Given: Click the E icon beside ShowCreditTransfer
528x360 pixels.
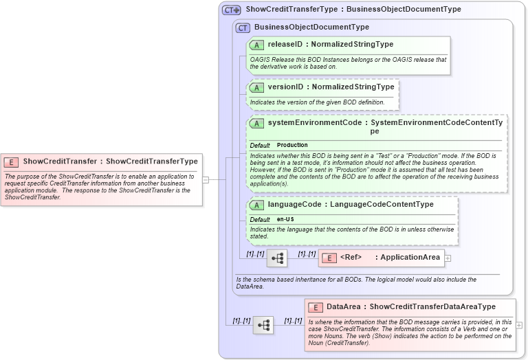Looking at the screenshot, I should point(11,162).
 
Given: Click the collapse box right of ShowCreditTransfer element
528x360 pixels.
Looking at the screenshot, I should point(205,179).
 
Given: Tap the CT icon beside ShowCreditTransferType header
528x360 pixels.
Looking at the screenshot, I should point(231,10).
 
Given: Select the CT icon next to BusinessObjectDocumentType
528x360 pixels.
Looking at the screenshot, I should point(243,27).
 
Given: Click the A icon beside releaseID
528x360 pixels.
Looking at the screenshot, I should point(256,45).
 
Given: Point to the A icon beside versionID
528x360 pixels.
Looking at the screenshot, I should point(256,88).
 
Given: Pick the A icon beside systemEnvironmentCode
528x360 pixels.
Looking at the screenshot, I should point(256,124).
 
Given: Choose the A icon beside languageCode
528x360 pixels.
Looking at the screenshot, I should point(256,205).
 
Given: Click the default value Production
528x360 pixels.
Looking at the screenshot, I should point(292,146).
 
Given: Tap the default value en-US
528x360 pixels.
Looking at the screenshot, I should point(285,219).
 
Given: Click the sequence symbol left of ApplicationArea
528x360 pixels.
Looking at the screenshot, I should point(277,258).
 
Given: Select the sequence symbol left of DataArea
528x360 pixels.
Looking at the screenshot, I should point(263,325).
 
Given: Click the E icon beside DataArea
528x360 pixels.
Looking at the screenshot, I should point(316,307).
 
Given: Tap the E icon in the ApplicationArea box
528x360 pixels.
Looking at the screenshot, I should point(329,258).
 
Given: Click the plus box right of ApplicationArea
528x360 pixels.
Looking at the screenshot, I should point(448,258).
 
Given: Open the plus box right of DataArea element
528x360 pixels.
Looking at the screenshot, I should point(519,325).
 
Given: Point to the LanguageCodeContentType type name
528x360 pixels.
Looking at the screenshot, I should point(382,205).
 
